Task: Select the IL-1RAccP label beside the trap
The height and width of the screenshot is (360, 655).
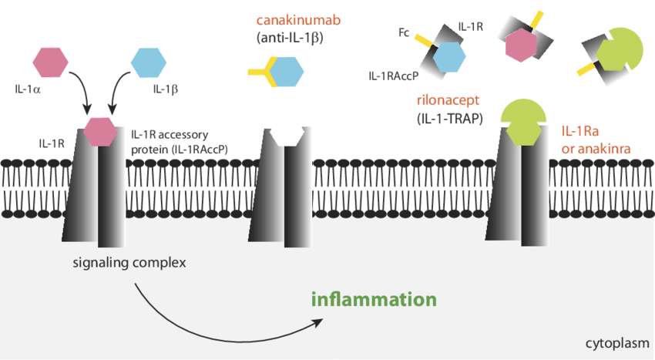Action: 393,76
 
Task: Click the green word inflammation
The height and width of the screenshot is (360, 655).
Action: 375,299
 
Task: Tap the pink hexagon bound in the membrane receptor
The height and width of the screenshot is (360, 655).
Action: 101,130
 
